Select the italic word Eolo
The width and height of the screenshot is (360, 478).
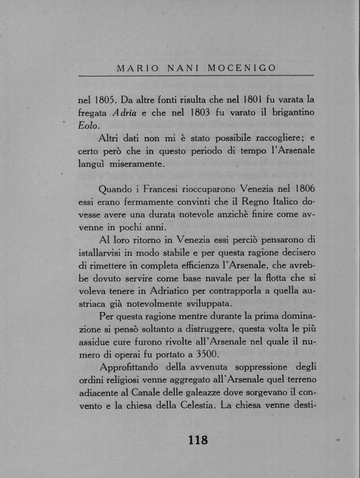[x=89, y=125]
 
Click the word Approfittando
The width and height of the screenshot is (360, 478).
[x=135, y=368]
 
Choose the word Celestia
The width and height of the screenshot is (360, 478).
[x=185, y=407]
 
